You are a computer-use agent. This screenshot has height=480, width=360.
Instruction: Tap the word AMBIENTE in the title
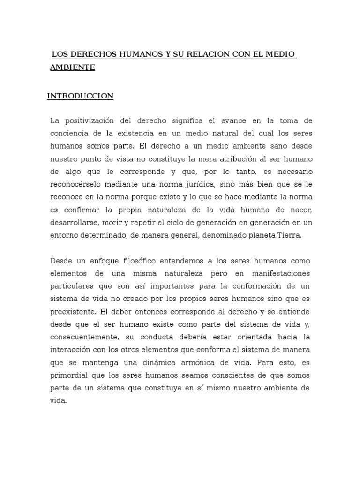(73, 67)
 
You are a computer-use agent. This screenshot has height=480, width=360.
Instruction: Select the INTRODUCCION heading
(80, 96)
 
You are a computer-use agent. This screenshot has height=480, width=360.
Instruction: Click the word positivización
(92, 121)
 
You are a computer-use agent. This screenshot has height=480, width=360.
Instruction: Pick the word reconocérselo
(80, 184)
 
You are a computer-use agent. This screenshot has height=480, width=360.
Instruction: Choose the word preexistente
(72, 311)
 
